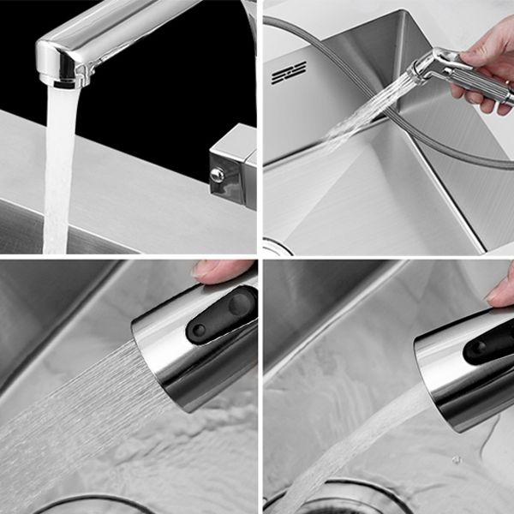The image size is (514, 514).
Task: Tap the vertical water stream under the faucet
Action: point(58,171)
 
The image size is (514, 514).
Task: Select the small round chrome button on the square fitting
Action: point(218,176)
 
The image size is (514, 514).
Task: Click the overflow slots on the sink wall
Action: point(289,73)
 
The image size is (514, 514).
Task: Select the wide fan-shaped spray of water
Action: point(69,411)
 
